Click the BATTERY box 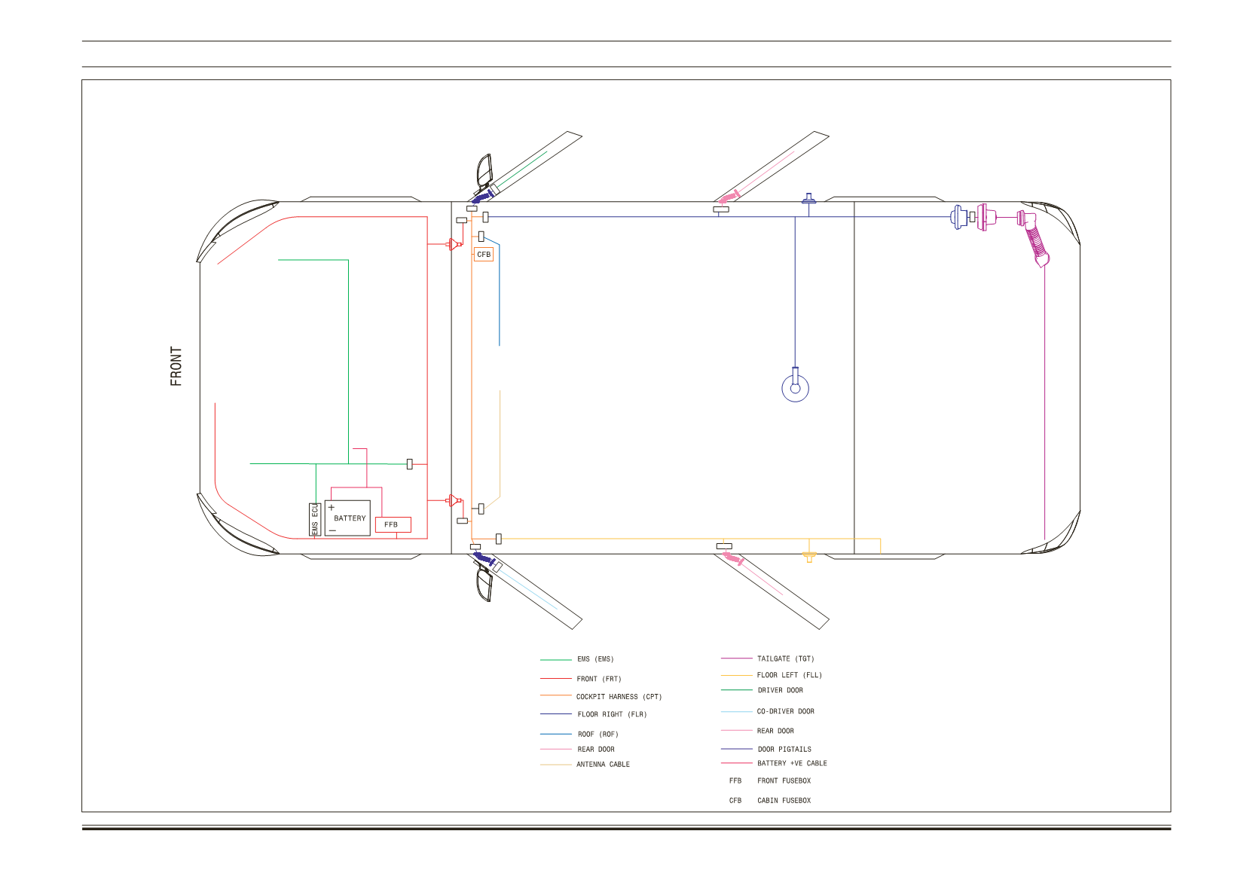(347, 518)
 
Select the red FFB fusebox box (393, 524)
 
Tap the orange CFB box (483, 255)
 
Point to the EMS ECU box (315, 519)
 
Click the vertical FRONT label (176, 366)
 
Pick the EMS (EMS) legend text (595, 659)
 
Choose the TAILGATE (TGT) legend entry (785, 658)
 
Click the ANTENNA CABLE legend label (603, 764)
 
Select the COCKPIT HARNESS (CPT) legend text (619, 696)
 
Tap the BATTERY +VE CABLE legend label (792, 763)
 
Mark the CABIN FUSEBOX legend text (784, 800)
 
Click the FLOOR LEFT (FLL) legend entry (790, 674)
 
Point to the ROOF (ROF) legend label (598, 734)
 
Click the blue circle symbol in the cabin (795, 401)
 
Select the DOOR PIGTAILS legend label (784, 749)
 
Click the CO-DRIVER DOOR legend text (785, 711)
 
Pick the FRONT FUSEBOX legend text (784, 781)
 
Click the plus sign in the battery (332, 507)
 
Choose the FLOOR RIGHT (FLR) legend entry (612, 713)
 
